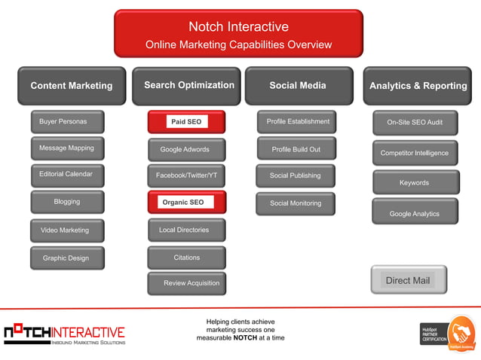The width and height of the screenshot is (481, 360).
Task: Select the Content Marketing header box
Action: (71, 86)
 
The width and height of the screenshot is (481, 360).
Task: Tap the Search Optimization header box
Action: (186, 86)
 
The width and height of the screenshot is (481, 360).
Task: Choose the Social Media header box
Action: (299, 86)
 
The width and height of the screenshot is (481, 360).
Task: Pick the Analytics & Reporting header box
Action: (418, 86)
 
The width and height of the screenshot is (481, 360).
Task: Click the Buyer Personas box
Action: (67, 121)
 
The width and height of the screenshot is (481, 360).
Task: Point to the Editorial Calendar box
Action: (67, 175)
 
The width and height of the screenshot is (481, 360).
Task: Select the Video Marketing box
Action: (67, 230)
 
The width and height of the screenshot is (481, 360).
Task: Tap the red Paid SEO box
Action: (186, 121)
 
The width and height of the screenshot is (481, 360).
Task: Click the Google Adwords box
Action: (186, 149)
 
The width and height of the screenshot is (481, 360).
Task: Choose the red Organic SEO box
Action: (186, 202)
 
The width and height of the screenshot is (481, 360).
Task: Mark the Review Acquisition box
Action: (186, 283)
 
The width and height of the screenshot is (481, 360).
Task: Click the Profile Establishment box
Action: (296, 121)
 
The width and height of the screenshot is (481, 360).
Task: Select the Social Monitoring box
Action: (296, 203)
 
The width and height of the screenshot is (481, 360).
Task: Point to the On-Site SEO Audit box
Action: (415, 122)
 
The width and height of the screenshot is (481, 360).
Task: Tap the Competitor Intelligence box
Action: (415, 153)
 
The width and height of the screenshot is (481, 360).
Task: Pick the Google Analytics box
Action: (415, 214)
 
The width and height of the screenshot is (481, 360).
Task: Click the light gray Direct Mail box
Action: (409, 280)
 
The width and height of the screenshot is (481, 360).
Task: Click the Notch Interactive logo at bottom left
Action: (64, 333)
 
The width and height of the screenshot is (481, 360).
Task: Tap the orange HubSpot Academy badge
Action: (461, 333)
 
